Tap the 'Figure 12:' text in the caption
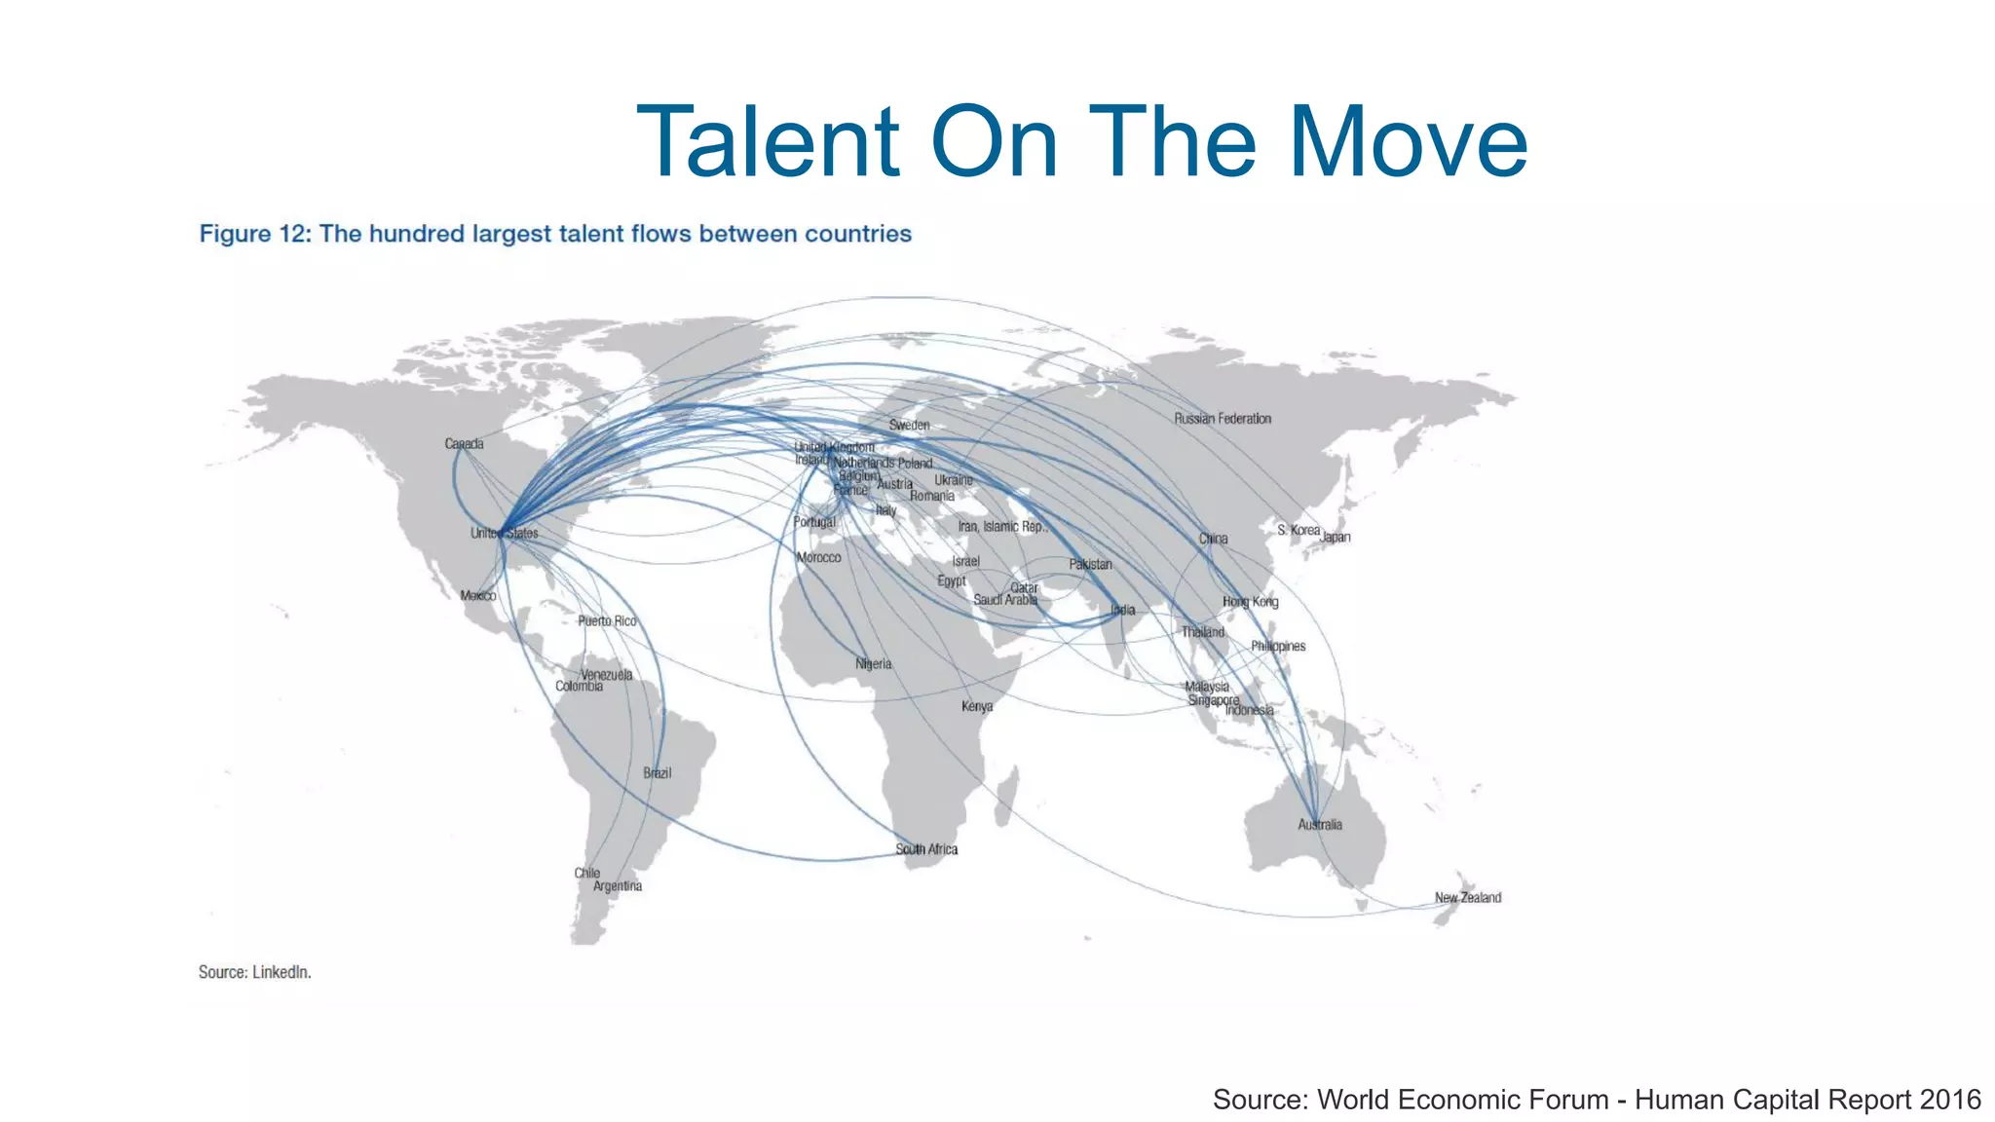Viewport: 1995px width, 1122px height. (x=255, y=234)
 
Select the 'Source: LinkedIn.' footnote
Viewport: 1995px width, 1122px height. (x=255, y=972)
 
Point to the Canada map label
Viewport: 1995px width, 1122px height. (x=464, y=444)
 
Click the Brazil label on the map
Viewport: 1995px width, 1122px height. (x=658, y=773)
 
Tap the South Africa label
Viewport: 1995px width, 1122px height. (x=926, y=849)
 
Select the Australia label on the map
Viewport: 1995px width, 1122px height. (x=1320, y=825)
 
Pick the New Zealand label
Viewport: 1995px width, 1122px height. (x=1468, y=898)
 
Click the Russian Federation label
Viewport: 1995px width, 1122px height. (x=1223, y=419)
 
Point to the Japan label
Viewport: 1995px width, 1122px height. (x=1336, y=538)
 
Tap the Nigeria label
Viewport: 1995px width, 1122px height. (x=874, y=664)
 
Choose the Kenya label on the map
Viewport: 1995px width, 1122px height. (x=977, y=706)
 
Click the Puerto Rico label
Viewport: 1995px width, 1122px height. (x=607, y=621)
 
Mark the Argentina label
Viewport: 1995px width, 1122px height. (x=618, y=886)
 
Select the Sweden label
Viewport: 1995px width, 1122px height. (x=910, y=426)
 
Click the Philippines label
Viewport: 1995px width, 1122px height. (x=1278, y=647)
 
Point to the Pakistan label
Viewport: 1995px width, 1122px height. (x=1090, y=565)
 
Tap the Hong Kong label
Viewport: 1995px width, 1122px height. (x=1251, y=602)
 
